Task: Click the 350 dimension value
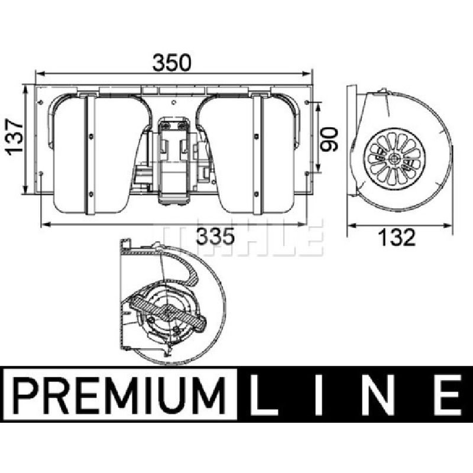tap(171, 63)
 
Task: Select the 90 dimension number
tap(329, 139)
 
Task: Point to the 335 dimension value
tap(215, 236)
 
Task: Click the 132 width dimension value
tap(397, 237)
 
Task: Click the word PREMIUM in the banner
tap(120, 394)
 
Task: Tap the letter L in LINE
tap(263, 394)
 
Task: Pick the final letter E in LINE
tap(447, 394)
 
